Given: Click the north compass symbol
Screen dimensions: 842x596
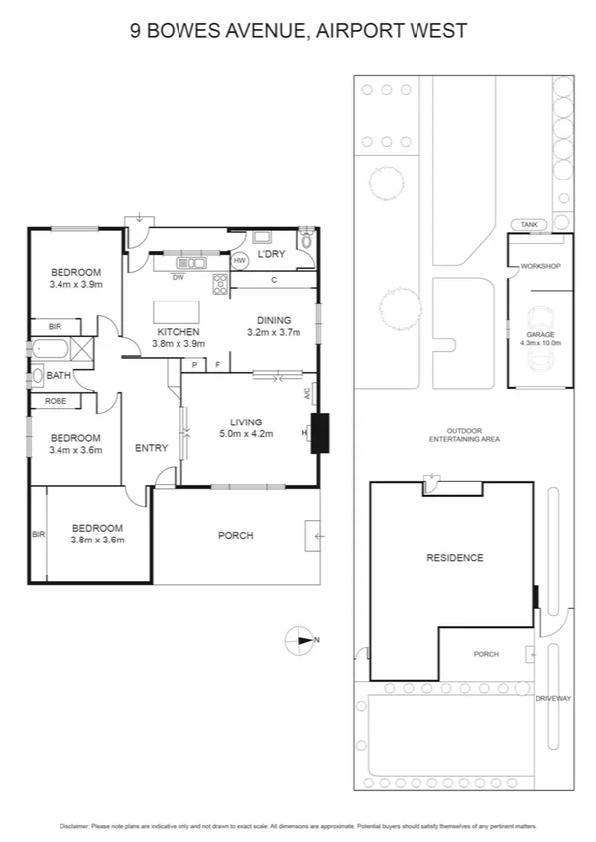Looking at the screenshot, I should (x=298, y=639).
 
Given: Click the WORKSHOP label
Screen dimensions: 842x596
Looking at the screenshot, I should (x=540, y=266).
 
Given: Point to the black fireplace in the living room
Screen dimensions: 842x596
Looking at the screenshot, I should (x=319, y=432).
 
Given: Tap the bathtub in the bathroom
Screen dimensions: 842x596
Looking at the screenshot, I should (x=50, y=350).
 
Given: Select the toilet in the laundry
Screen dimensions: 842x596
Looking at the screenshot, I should (x=305, y=239).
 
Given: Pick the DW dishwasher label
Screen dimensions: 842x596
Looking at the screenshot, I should (x=178, y=278).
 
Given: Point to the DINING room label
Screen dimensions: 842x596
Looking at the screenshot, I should (x=274, y=320).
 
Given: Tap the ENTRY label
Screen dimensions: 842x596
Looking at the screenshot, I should (x=151, y=448).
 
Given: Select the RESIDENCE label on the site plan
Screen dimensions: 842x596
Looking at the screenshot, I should (x=455, y=558).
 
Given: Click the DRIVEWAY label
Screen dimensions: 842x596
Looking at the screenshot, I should (x=553, y=699).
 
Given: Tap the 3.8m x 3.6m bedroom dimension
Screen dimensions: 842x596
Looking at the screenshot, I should (x=96, y=541).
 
